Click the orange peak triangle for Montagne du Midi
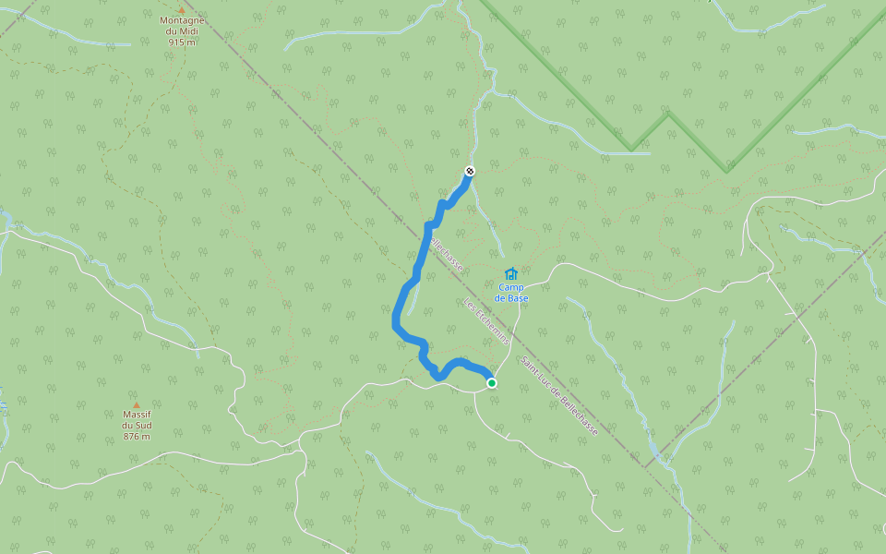click(182, 9)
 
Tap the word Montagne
click(182, 20)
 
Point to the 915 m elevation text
click(182, 42)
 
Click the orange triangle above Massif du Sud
click(136, 404)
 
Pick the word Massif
click(137, 415)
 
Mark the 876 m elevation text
click(137, 437)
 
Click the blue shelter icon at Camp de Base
click(511, 273)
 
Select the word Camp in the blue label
click(511, 287)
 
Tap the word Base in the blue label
click(518, 298)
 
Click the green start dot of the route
click(492, 383)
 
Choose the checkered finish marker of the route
click(470, 171)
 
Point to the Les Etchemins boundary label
click(486, 324)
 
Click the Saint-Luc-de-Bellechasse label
click(558, 396)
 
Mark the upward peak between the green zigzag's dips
click(667, 114)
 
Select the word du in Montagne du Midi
click(172, 31)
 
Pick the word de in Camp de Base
click(499, 298)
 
